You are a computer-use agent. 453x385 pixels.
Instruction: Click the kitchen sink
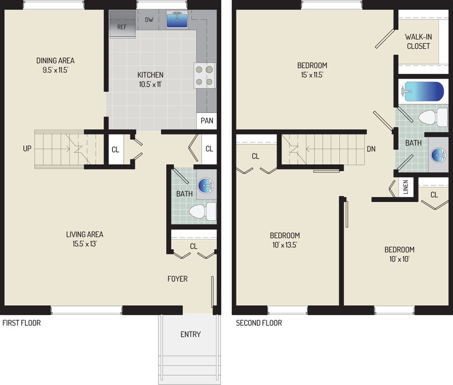pos(177,20)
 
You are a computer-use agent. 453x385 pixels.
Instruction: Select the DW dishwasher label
pos(149,20)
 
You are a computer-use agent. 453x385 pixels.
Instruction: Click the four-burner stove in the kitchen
pos(204,75)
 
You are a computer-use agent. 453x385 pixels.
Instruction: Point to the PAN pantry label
pos(207,121)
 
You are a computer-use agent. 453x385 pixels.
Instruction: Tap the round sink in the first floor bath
pos(205,186)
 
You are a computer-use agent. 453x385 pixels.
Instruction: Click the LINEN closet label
pos(406,187)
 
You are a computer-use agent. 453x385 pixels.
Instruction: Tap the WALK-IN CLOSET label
pos(418,42)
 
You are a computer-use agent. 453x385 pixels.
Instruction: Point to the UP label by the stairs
pos(27,149)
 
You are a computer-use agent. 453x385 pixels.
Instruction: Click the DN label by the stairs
pos(371,149)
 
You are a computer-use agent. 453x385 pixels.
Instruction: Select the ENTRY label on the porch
pos(190,334)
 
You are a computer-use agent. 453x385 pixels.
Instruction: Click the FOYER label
pos(177,279)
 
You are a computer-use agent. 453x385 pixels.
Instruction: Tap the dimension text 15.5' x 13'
pos(84,244)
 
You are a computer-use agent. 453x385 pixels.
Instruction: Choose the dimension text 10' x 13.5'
pos(284,244)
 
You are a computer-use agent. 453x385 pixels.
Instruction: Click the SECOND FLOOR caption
pos(259,323)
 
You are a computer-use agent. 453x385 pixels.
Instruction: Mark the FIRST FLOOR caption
pos(22,323)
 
